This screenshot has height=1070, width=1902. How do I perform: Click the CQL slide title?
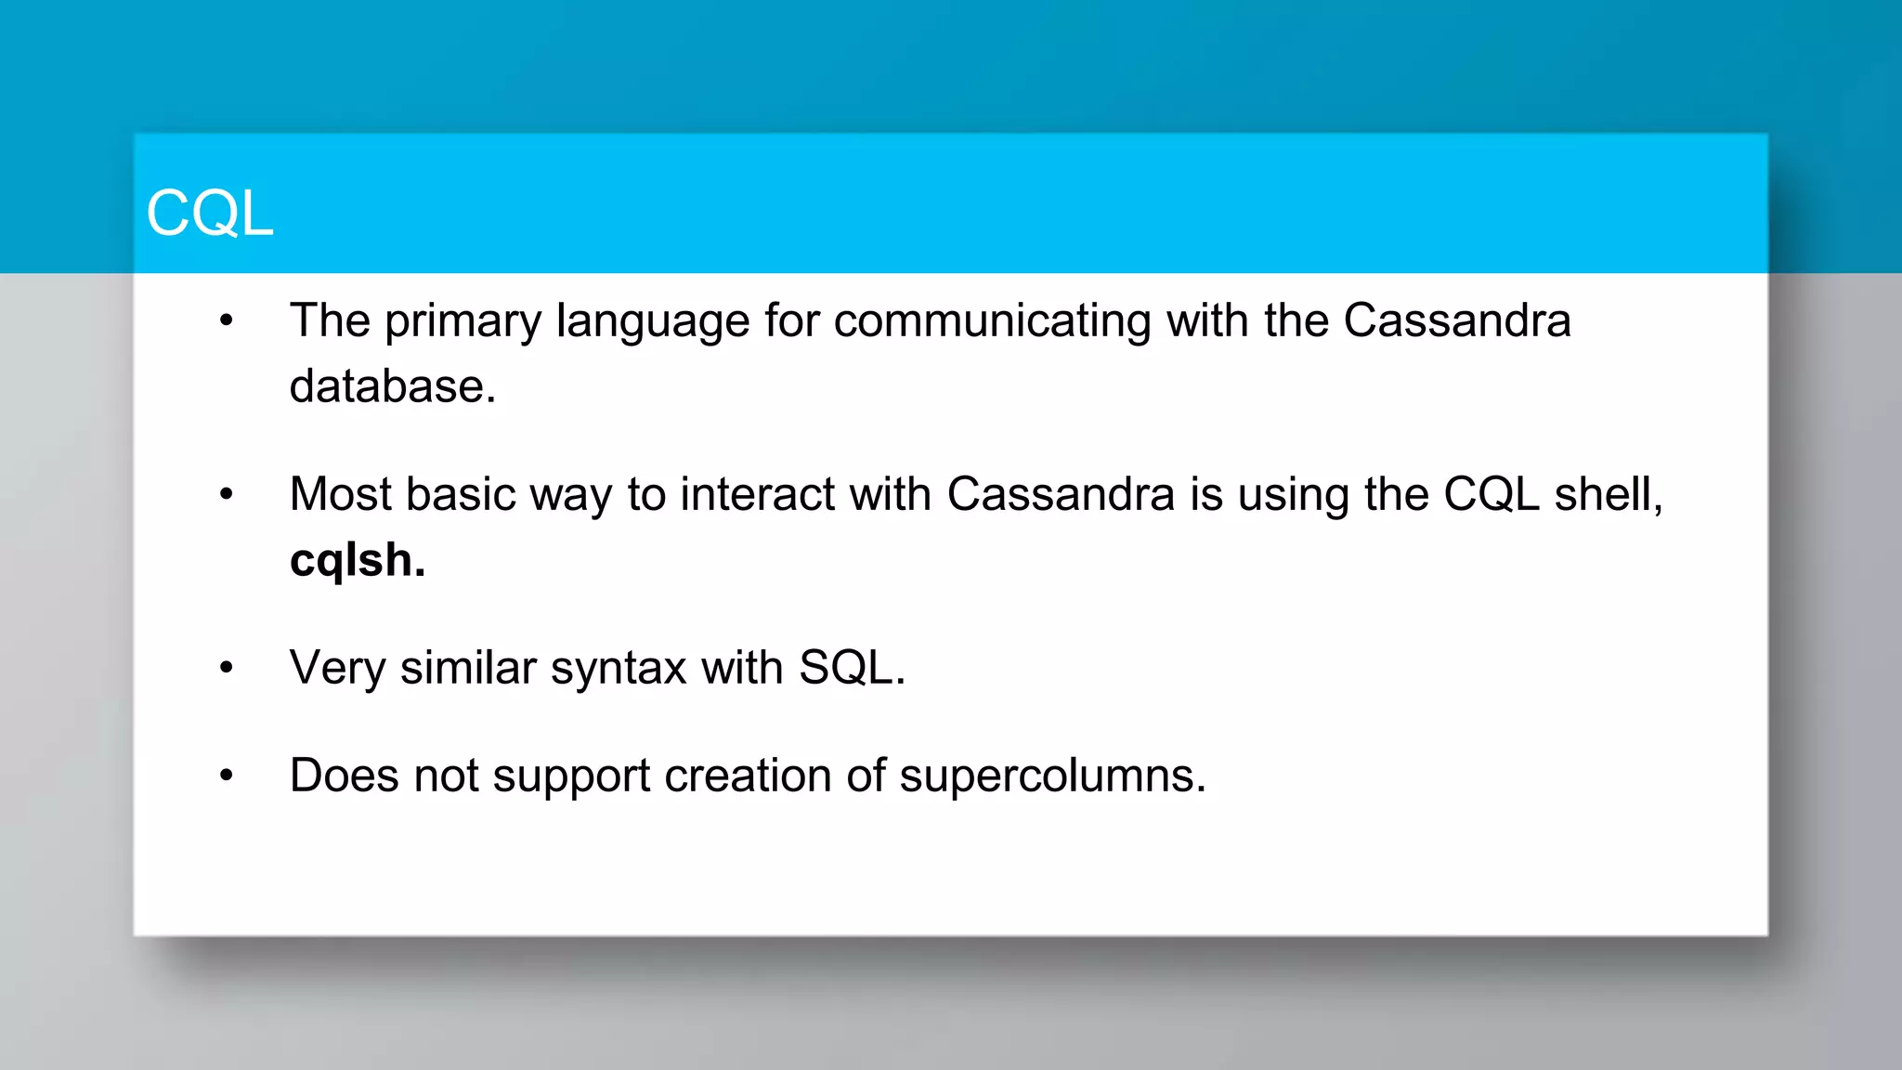pos(210,213)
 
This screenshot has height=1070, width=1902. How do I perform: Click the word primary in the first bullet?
pos(462,321)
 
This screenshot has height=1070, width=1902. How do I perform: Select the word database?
pos(391,386)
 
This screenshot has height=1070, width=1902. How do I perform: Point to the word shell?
pos(1608,494)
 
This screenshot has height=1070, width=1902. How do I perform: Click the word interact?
pos(757,494)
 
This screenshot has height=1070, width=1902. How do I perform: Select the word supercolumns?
pos(1051,776)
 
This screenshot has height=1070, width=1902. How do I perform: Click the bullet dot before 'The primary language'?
pos(227,321)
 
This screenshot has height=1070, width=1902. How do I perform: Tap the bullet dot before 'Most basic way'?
pos(227,495)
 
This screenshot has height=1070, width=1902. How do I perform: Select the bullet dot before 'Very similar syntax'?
pos(227,668)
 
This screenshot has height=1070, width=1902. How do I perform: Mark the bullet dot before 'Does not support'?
pos(227,776)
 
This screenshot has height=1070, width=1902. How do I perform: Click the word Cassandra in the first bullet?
pos(1456,321)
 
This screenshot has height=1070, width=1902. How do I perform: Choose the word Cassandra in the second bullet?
pos(1061,494)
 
